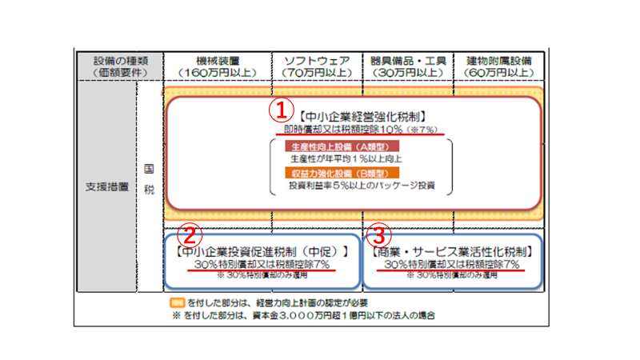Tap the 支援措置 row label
click(106, 186)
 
